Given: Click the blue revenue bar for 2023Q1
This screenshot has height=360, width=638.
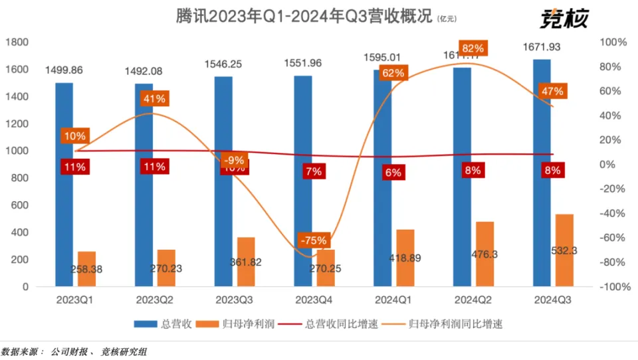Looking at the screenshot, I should point(64,199).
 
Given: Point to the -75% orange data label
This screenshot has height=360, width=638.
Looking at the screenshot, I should point(312,240).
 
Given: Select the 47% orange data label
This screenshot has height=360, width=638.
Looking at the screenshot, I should point(552,91).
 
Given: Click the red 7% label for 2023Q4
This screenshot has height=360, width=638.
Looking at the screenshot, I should point(314,171).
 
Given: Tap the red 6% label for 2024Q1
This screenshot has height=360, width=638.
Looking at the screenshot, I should point(393,172).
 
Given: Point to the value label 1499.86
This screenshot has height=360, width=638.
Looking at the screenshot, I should point(64,70).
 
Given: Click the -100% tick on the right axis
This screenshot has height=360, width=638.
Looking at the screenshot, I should point(614,287).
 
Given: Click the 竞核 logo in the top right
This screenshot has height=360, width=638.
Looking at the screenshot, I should point(564,18).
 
